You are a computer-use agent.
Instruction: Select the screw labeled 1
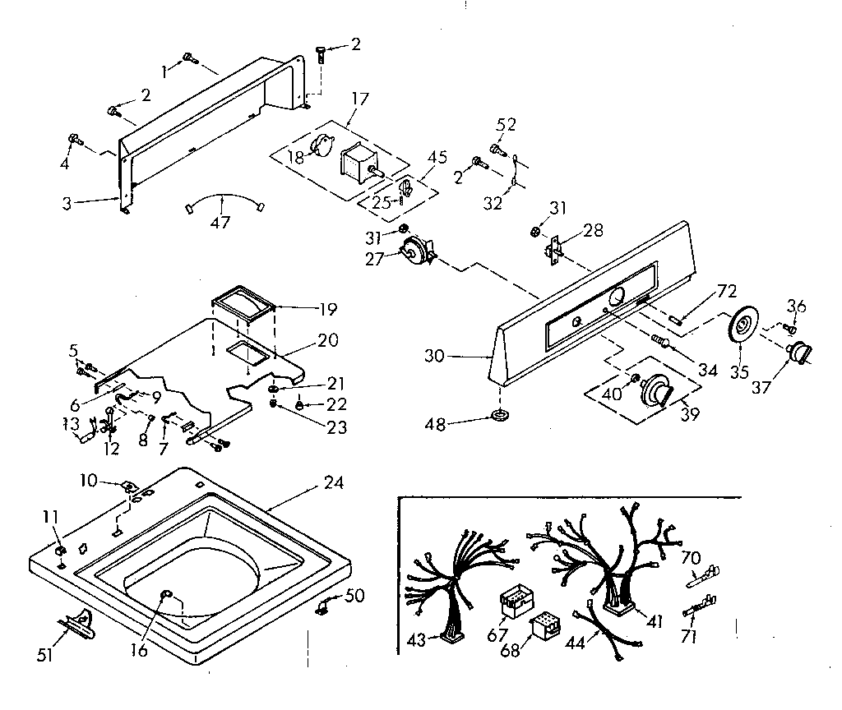190,57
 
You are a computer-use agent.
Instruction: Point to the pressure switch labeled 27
414,248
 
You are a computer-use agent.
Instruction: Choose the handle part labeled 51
76,627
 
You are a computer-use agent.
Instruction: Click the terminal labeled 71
698,609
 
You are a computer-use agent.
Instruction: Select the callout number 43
417,640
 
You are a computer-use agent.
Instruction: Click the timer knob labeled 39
655,389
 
